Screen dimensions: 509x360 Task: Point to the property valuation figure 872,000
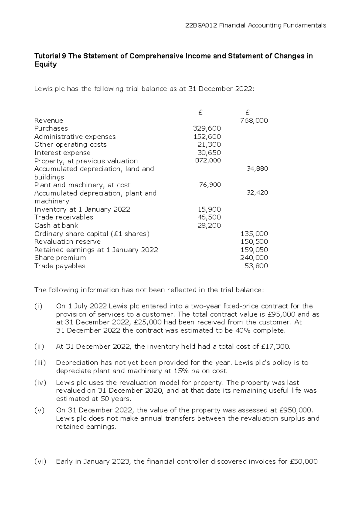point(208,160)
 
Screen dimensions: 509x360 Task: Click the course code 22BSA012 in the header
point(201,25)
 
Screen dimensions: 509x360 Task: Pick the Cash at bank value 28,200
point(209,225)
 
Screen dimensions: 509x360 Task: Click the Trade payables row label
point(60,266)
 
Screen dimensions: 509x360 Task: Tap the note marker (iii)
point(40,363)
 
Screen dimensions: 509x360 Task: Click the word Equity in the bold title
point(45,64)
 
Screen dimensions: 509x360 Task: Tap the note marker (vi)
point(40,461)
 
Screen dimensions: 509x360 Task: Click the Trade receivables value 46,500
point(209,217)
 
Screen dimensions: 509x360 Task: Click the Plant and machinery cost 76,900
point(210,185)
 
